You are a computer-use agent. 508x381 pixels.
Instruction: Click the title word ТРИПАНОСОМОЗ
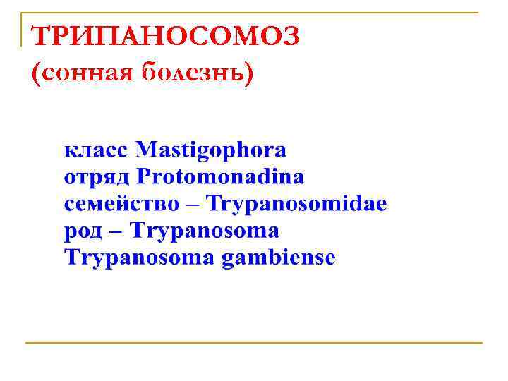pyautogui.click(x=167, y=36)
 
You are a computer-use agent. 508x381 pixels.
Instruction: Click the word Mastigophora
pyautogui.click(x=211, y=150)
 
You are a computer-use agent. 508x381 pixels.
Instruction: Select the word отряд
pyautogui.click(x=97, y=177)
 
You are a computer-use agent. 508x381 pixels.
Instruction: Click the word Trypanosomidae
pyautogui.click(x=297, y=204)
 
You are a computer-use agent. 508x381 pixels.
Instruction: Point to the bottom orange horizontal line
pyautogui.click(x=254, y=343)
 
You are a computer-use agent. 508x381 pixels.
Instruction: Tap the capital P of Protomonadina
pyautogui.click(x=143, y=176)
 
